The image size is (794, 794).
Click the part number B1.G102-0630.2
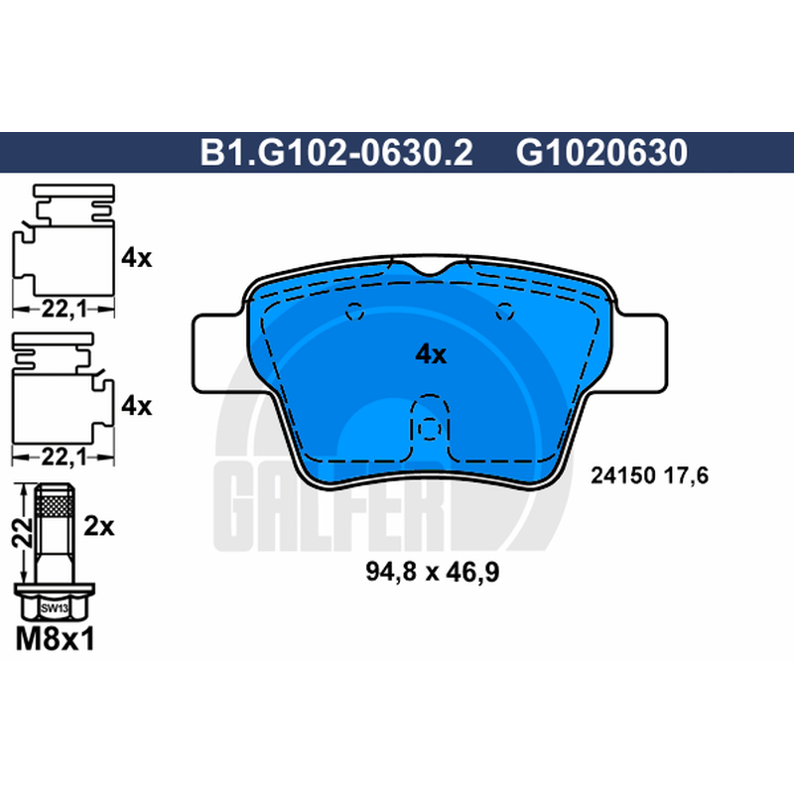coord(336,153)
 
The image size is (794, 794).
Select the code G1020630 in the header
coord(601,153)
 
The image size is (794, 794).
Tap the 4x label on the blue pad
coord(431,355)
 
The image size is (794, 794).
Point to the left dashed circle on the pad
coord(354,311)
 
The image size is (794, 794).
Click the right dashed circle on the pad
coord(504,311)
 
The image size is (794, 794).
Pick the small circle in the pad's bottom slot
coord(430,429)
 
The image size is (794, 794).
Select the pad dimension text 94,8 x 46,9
coord(433,573)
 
